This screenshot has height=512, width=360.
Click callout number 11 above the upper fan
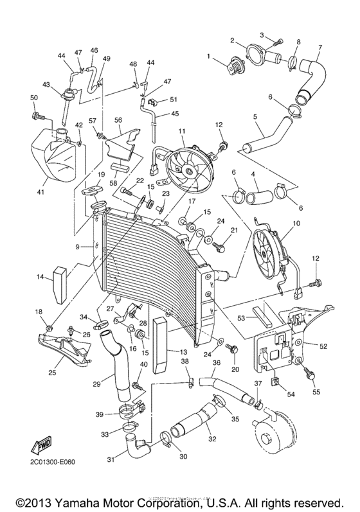[x=182, y=131]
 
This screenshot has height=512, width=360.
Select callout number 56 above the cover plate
[x=118, y=119]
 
